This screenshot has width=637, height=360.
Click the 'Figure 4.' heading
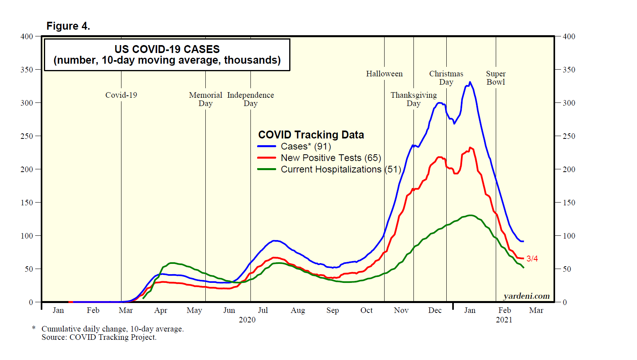[68, 26]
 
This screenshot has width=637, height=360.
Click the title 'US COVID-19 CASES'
[167, 49]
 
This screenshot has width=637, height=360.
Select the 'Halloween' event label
[384, 74]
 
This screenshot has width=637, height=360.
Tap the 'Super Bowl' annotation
[496, 78]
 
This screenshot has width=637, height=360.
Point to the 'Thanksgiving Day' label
[413, 99]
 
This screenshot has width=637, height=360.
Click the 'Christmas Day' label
[446, 78]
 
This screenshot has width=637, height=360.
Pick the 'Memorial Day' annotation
[205, 99]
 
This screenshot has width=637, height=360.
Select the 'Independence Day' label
[250, 99]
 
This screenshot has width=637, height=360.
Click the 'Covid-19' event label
[121, 95]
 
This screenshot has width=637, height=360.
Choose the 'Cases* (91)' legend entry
[305, 146]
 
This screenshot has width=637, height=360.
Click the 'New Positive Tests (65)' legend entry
[331, 158]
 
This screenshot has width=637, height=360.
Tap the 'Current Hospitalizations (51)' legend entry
[341, 169]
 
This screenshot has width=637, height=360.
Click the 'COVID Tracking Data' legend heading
[311, 135]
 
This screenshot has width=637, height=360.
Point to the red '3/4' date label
[532, 259]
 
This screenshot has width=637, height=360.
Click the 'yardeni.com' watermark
[526, 296]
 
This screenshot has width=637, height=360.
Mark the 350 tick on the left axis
[27, 70]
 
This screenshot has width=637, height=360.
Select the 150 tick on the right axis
[569, 203]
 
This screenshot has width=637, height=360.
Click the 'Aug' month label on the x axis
[298, 311]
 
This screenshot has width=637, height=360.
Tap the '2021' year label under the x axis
[504, 320]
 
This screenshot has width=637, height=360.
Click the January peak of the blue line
[470, 83]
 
